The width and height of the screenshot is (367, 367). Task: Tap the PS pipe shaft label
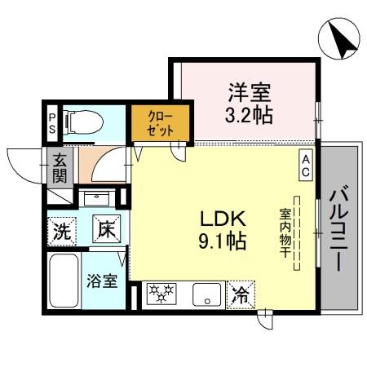pyautogui.click(x=52, y=124)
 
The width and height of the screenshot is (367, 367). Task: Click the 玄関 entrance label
pyautogui.click(x=60, y=168)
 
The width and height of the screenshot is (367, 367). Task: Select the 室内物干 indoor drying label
pyautogui.click(x=285, y=232)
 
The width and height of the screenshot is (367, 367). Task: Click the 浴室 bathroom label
pyautogui.click(x=103, y=282)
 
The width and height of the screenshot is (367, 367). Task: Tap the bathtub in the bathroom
pyautogui.click(x=63, y=281)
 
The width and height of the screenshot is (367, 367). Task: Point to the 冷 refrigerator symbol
pyautogui.click(x=241, y=294)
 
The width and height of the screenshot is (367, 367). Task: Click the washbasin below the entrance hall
pyautogui.click(x=99, y=198)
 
